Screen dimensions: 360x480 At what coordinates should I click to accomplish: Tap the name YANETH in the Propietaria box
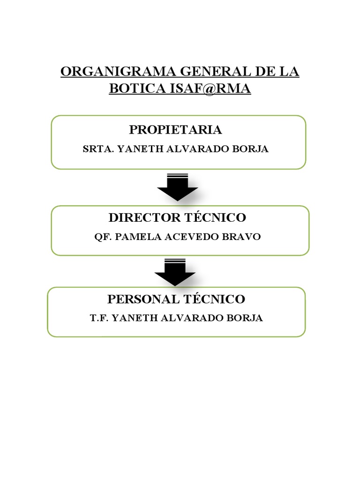click(135, 150)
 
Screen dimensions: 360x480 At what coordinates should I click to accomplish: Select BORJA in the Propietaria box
click(254, 150)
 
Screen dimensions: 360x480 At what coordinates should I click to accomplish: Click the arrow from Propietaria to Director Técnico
click(178, 187)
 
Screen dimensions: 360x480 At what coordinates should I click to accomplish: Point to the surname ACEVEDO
click(192, 237)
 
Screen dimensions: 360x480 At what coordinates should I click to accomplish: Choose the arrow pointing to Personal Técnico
click(175, 272)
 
